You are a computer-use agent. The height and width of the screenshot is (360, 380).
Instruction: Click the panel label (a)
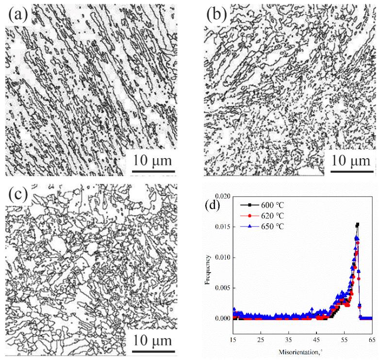(18, 16)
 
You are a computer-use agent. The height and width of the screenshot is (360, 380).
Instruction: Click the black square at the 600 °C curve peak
(358, 225)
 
